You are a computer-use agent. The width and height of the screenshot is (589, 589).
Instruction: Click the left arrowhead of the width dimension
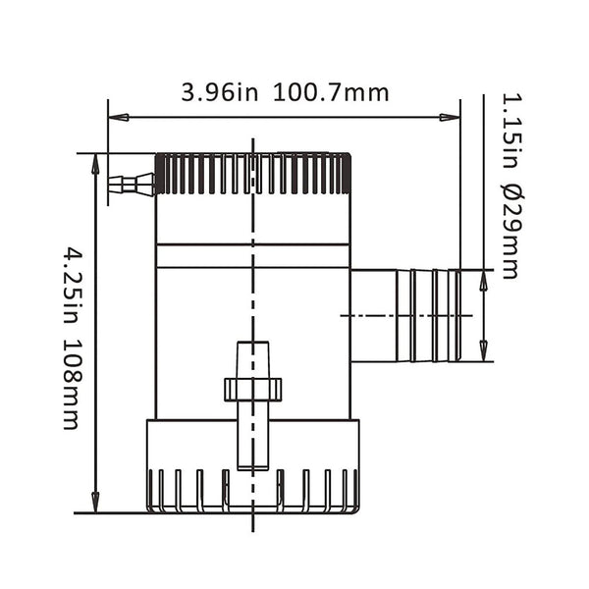pyautogui.click(x=117, y=118)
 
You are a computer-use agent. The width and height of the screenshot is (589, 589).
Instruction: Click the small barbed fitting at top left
pyautogui.click(x=131, y=183)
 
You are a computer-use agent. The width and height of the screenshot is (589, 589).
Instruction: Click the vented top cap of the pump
pyautogui.click(x=252, y=174)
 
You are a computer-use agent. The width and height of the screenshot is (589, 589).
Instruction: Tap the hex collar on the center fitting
pyautogui.click(x=252, y=390)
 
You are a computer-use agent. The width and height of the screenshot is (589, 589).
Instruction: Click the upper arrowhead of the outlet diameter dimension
pyautogui.click(x=483, y=280)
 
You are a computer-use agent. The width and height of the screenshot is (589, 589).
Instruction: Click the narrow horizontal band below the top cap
pyautogui.click(x=252, y=255)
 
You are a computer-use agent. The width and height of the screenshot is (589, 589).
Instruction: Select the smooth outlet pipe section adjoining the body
pyautogui.click(x=373, y=315)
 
